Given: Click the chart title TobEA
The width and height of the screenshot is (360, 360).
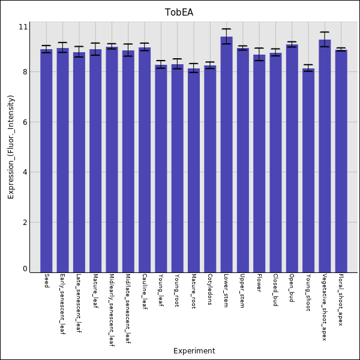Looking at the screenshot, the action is pyautogui.click(x=179, y=13).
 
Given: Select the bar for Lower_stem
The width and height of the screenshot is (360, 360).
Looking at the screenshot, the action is pyautogui.click(x=227, y=155).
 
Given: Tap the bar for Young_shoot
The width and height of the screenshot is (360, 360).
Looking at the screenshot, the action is pyautogui.click(x=308, y=170).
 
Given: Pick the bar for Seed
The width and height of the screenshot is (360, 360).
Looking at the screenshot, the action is pyautogui.click(x=46, y=161).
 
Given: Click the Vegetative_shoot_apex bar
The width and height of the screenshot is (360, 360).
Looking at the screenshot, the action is pyautogui.click(x=325, y=156).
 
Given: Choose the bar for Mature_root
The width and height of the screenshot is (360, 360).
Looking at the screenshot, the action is pyautogui.click(x=194, y=170).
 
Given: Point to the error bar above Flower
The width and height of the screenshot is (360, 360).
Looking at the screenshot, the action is pyautogui.click(x=259, y=55).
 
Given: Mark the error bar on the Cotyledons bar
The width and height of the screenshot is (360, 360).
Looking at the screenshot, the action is pyautogui.click(x=210, y=65).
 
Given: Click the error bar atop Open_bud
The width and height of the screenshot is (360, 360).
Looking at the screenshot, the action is pyautogui.click(x=292, y=44).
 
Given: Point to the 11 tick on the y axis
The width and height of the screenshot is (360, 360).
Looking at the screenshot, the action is pyautogui.click(x=23, y=27).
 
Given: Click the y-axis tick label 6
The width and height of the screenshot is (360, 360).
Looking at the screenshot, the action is pyautogui.click(x=25, y=122).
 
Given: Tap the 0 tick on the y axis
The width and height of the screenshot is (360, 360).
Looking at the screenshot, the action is pyautogui.click(x=25, y=269).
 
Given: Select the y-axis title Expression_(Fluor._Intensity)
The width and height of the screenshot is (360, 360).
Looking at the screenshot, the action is pyautogui.click(x=11, y=148).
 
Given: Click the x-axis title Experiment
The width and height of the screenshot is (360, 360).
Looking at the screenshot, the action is pyautogui.click(x=194, y=351).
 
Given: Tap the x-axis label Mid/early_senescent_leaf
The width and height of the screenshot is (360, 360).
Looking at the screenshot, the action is pyautogui.click(x=112, y=310).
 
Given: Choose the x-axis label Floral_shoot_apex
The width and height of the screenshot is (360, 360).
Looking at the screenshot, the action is pyautogui.click(x=341, y=300).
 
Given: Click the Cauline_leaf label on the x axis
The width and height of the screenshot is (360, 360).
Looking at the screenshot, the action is pyautogui.click(x=145, y=292).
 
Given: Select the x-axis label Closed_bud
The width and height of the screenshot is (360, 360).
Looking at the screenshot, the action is pyautogui.click(x=275, y=290).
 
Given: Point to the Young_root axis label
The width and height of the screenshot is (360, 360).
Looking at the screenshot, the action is pyautogui.click(x=177, y=290).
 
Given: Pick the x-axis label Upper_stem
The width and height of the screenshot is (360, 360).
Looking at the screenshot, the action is pyautogui.click(x=242, y=290).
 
